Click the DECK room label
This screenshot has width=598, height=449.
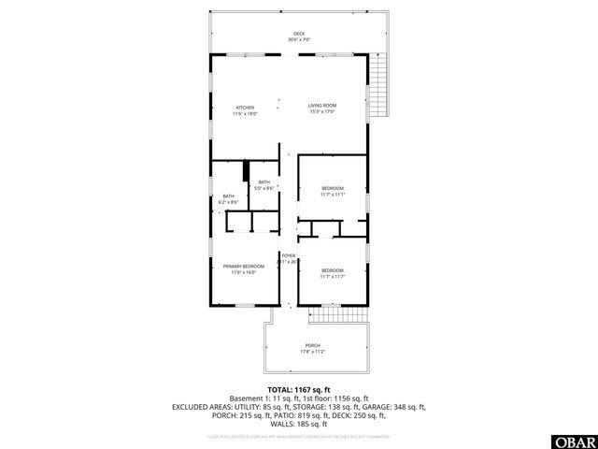click(299, 34)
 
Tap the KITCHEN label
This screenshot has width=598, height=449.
click(245, 108)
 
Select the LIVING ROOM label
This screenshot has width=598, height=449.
click(322, 108)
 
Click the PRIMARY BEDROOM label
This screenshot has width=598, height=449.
click(244, 267)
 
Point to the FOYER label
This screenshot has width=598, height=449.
click(289, 255)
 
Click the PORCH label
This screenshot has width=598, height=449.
click(312, 345)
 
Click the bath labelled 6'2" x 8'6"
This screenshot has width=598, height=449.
click(229, 196)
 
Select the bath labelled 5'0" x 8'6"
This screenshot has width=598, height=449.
click(264, 182)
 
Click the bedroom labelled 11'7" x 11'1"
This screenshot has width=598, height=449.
click(333, 189)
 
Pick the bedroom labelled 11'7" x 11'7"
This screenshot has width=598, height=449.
click(333, 270)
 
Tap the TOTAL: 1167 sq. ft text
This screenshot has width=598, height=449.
click(299, 389)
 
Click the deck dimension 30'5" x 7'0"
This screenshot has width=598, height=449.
click(299, 40)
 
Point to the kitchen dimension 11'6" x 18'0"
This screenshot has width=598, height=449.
click(245, 114)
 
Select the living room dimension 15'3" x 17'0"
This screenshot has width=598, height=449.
click(322, 114)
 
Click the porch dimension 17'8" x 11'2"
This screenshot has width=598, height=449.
click(312, 352)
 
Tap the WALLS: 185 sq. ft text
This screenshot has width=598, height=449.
click(299, 424)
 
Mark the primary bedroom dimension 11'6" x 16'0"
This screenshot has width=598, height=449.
click(244, 273)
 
